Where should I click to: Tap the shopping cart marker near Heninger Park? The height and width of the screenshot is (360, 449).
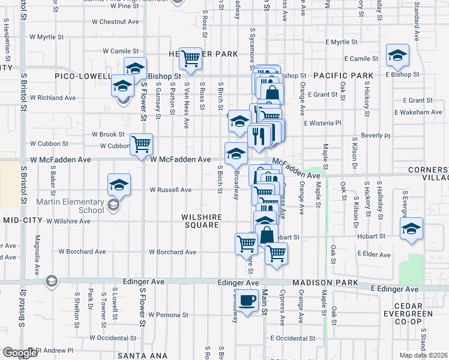(190, 59)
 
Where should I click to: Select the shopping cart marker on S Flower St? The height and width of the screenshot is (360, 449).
(142, 145)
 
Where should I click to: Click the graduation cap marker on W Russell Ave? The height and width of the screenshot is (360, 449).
(119, 184)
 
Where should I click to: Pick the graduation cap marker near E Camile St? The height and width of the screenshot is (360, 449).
(397, 56)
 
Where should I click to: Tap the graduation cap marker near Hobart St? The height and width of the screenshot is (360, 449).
(411, 229)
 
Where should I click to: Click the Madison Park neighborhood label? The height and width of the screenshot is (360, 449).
(325, 283)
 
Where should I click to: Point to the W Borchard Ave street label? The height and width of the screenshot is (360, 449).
(173, 252)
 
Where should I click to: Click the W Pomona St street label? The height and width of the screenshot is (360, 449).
(169, 314)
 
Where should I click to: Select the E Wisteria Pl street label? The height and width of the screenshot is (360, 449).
(322, 123)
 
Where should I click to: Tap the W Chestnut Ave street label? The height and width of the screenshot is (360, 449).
(115, 22)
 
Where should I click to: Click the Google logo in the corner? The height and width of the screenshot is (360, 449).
(20, 353)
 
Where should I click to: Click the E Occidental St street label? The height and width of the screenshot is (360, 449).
(292, 338)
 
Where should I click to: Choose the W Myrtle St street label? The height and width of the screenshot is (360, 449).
(42, 37)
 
